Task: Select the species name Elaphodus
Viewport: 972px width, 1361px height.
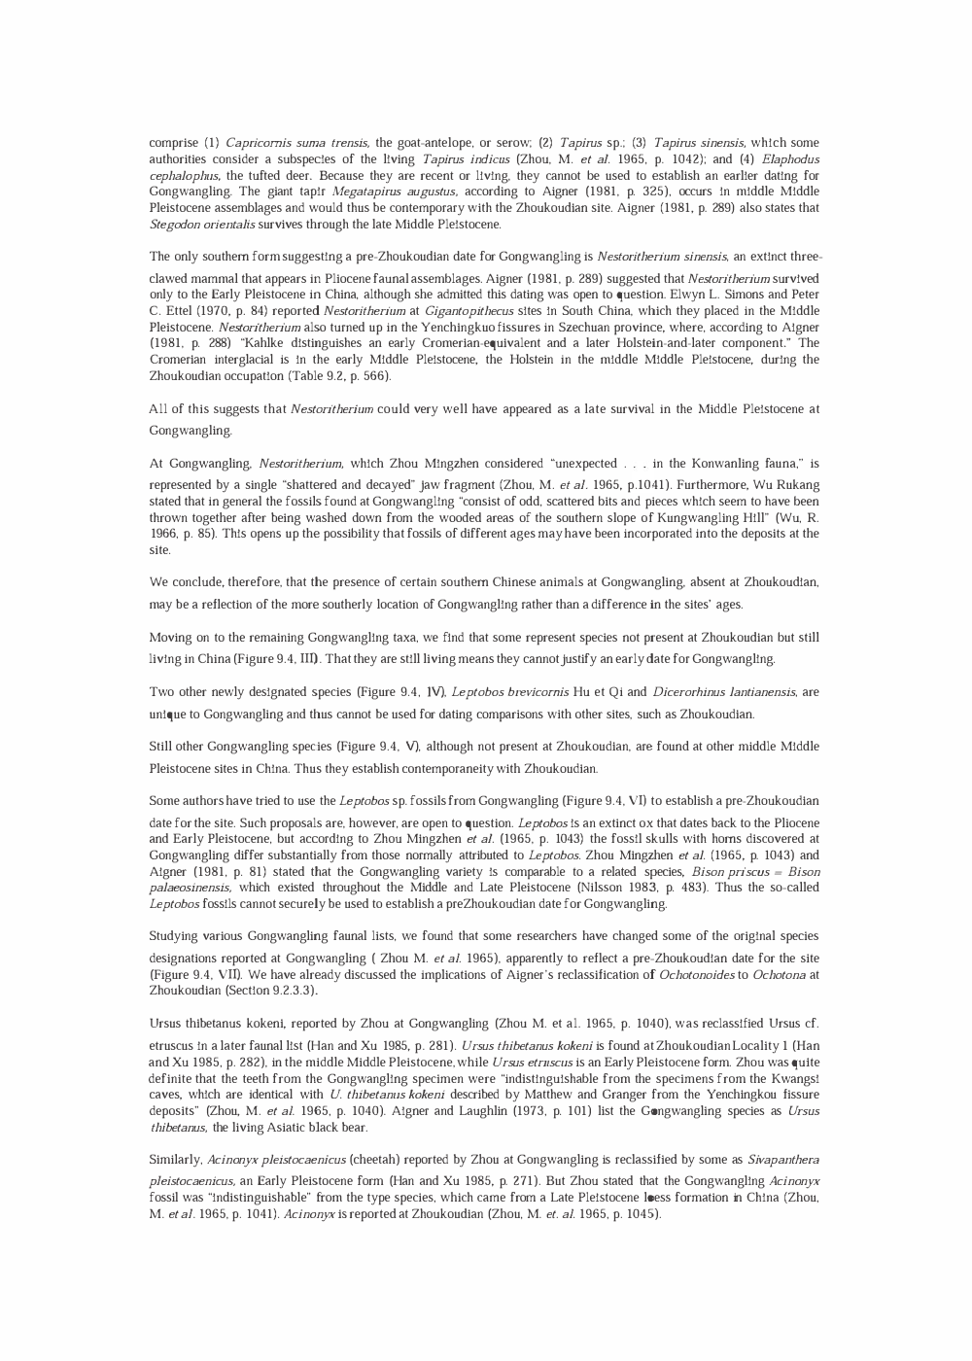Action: tap(791, 159)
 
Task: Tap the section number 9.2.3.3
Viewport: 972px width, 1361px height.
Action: tap(286, 991)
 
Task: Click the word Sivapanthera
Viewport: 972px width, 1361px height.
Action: tap(782, 1160)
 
